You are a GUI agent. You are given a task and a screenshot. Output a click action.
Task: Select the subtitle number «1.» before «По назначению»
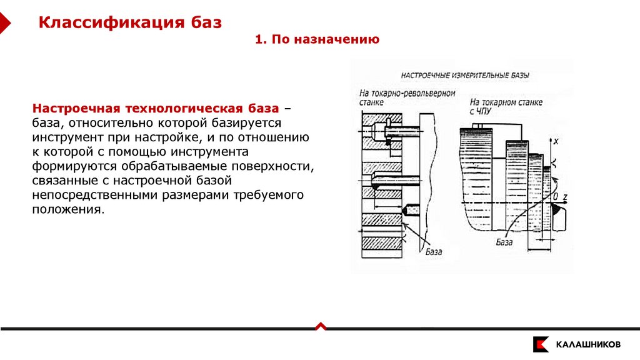point(261,40)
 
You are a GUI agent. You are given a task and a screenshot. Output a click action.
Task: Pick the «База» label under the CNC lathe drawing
point(504,241)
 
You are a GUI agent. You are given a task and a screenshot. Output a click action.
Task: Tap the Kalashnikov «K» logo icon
point(541,344)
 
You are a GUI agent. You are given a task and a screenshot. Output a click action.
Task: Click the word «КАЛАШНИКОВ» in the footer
point(588,344)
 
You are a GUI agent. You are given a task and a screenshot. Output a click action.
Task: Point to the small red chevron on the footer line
point(320,326)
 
